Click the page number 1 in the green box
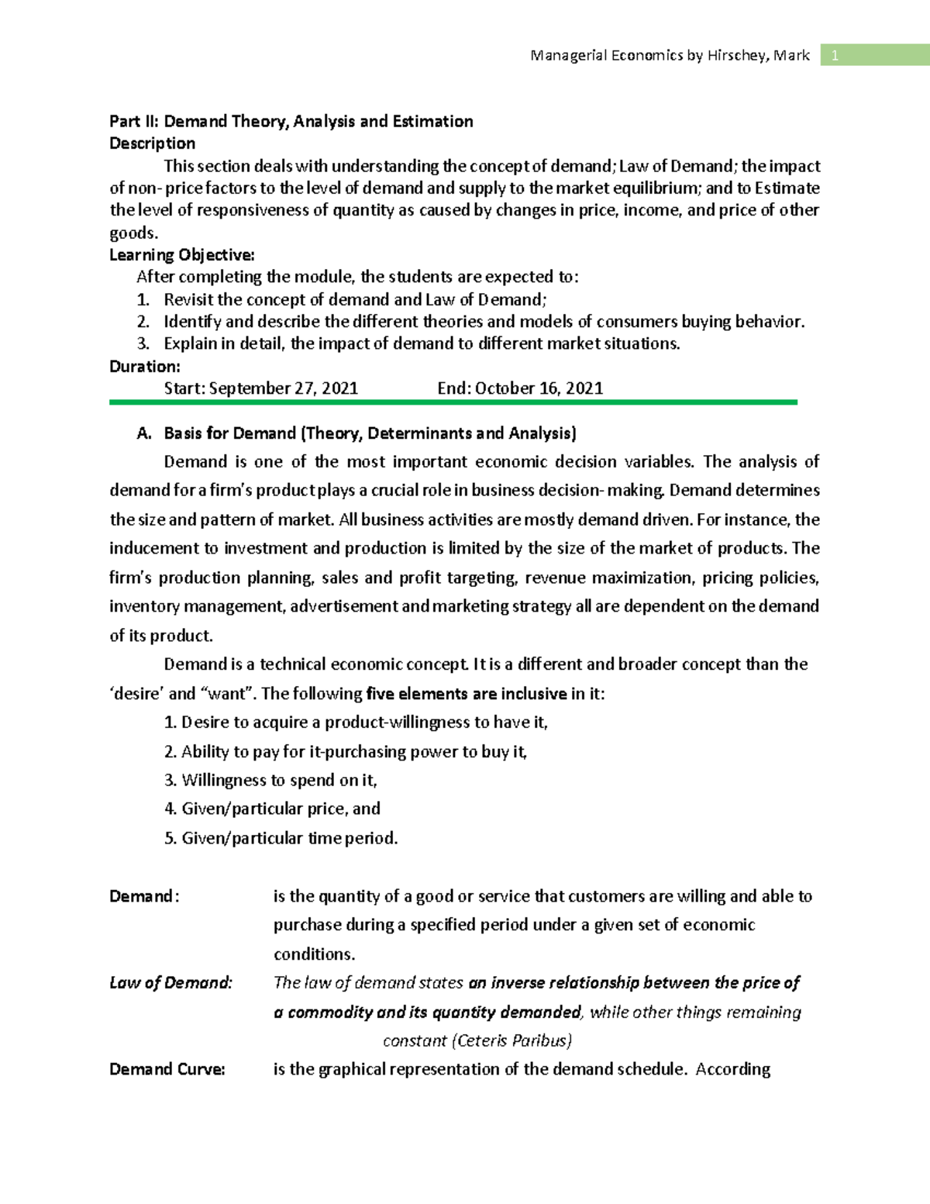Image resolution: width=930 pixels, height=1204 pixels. pyautogui.click(x=835, y=55)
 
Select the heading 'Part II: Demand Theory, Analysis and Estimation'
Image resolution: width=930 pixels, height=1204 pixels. pyautogui.click(x=291, y=121)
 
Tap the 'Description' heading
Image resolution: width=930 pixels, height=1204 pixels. pyautogui.click(x=152, y=143)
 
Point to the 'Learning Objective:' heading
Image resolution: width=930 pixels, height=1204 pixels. pyautogui.click(x=181, y=255)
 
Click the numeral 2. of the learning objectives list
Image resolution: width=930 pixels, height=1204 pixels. pyautogui.click(x=143, y=322)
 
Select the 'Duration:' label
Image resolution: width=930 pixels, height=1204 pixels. pyautogui.click(x=144, y=367)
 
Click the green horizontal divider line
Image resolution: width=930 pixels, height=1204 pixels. pyautogui.click(x=453, y=402)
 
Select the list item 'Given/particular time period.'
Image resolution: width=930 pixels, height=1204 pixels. pyautogui.click(x=289, y=838)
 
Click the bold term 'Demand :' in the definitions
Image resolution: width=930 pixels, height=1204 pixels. pyautogui.click(x=144, y=896)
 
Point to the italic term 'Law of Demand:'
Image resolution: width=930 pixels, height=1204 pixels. pyautogui.click(x=170, y=983)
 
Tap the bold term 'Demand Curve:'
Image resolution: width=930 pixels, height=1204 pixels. pyautogui.click(x=167, y=1070)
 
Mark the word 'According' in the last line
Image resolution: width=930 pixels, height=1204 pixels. pyautogui.click(x=732, y=1070)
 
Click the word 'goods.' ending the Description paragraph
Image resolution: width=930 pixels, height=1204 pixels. pyautogui.click(x=133, y=233)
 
